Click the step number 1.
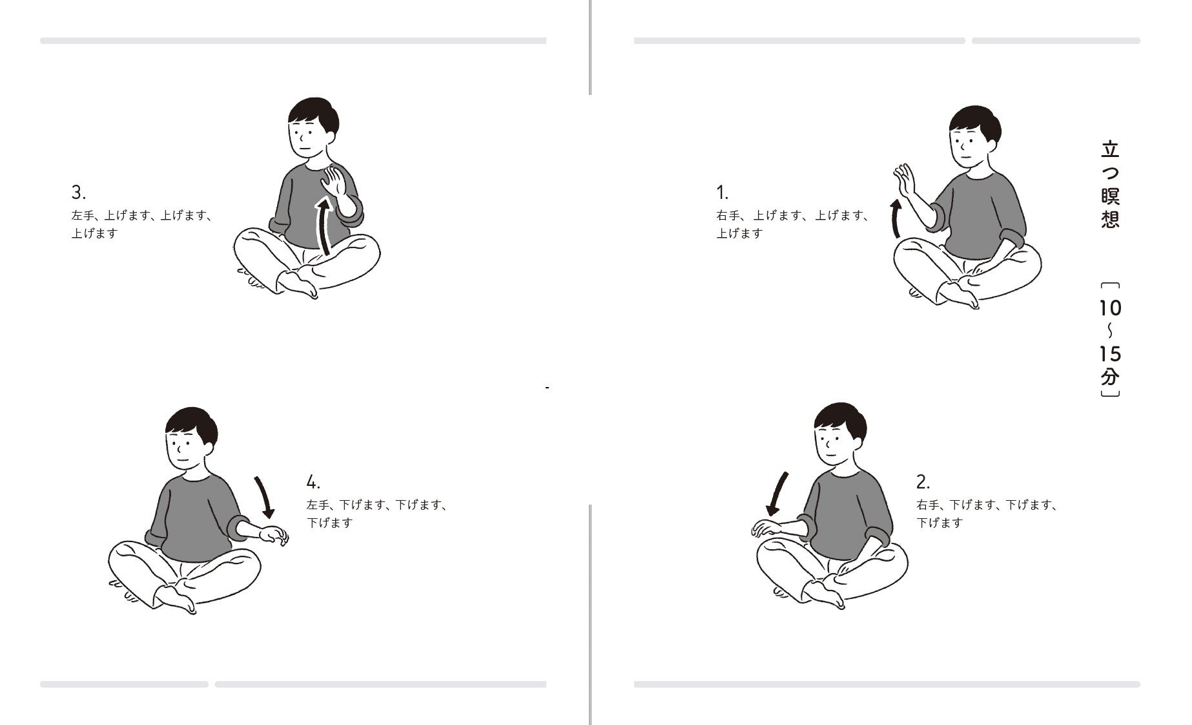[722, 193]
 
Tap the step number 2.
[923, 482]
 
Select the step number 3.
[78, 193]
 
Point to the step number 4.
[313, 482]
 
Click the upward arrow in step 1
[895, 218]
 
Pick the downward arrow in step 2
[777, 494]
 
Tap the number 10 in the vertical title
[1110, 308]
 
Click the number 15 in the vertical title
[1110, 354]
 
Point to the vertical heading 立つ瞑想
[1110, 185]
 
